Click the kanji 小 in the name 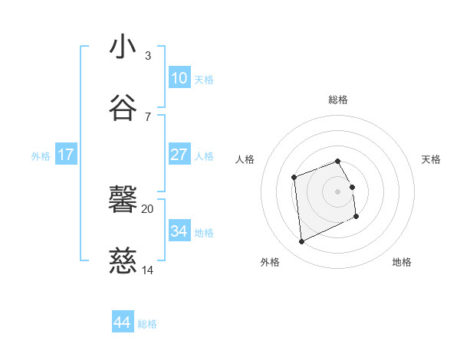[x=123, y=47]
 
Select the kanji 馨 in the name [x=123, y=201]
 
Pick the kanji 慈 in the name [x=123, y=263]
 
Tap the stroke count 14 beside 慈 [x=148, y=270]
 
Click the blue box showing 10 [x=179, y=78]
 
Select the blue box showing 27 [x=179, y=155]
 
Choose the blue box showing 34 [x=179, y=231]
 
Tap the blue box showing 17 [x=66, y=155]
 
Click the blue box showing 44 [x=122, y=322]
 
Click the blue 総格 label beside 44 [x=147, y=324]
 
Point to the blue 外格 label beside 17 [x=41, y=156]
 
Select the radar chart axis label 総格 [x=338, y=100]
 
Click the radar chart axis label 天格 [x=432, y=159]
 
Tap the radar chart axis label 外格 [x=270, y=262]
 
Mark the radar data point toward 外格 [x=302, y=242]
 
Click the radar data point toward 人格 [x=294, y=178]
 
